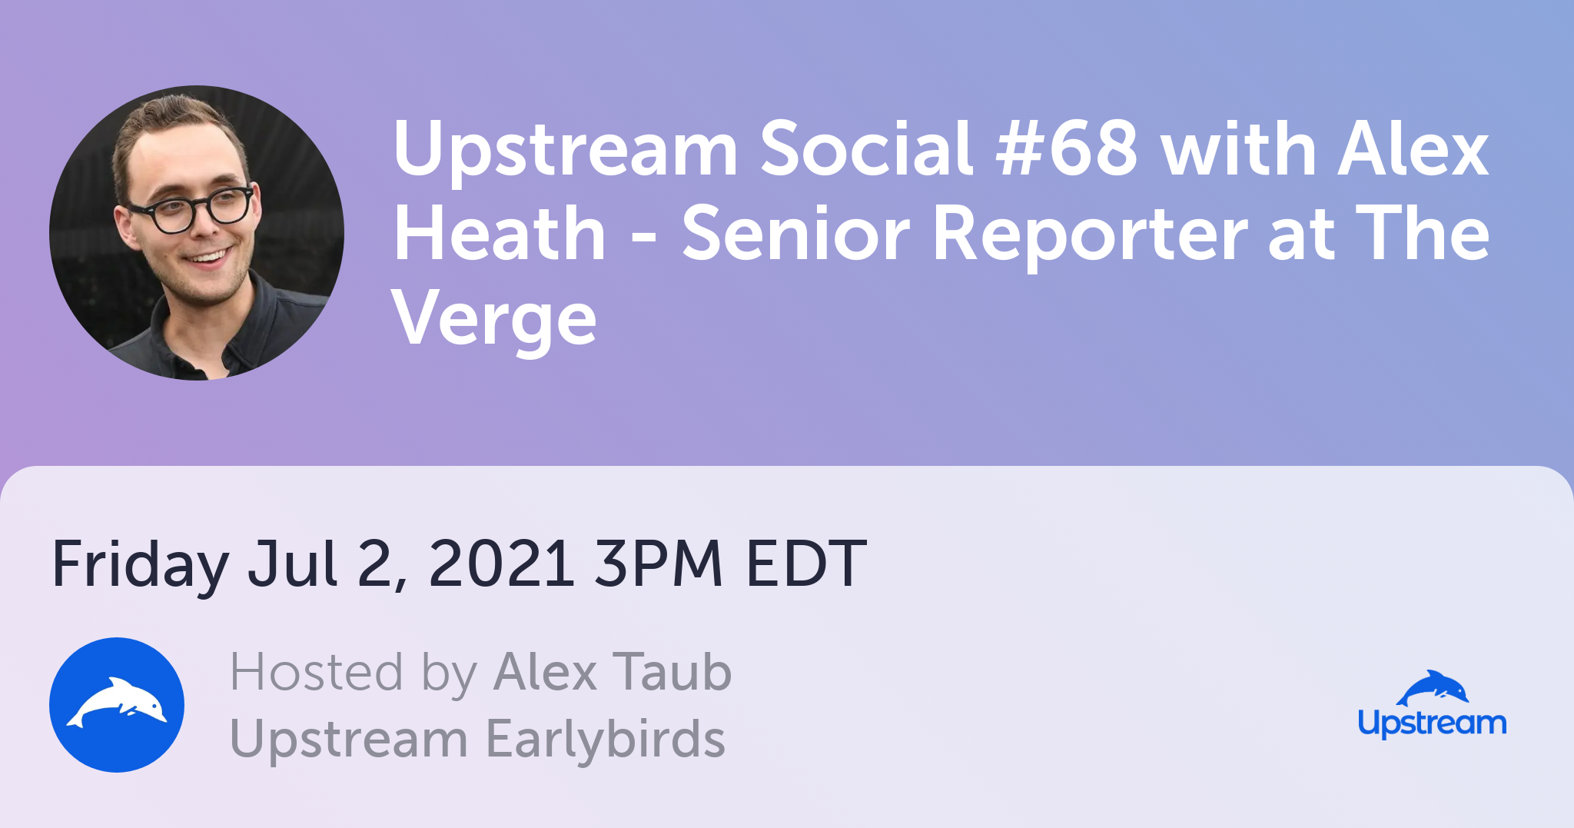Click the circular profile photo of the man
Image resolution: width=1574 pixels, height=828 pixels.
[x=197, y=233]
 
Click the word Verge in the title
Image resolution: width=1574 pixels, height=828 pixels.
[x=495, y=320]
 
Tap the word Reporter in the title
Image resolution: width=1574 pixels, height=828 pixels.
[x=1089, y=235]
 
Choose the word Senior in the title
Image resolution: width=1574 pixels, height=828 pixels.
[x=796, y=234]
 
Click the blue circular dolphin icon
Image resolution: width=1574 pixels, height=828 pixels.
[x=117, y=705]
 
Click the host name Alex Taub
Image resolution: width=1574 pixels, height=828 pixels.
[x=613, y=673]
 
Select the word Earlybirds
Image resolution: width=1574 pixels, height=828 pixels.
[x=606, y=739]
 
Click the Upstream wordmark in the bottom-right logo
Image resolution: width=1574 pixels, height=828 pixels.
[x=1432, y=723]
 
